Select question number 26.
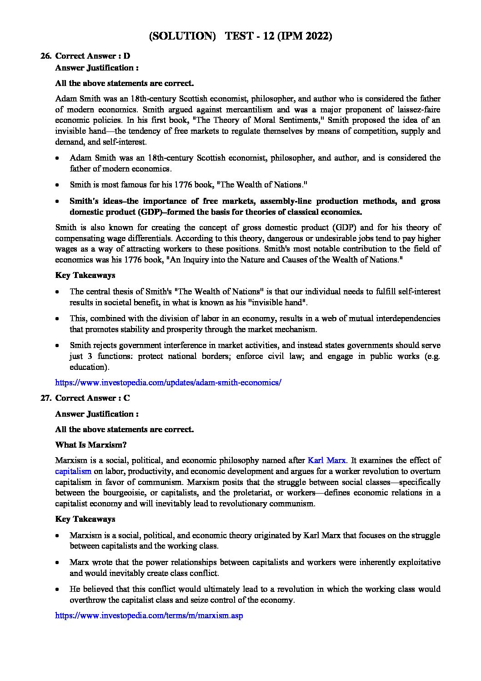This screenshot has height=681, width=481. [x=45, y=56]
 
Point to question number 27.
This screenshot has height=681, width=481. [x=45, y=398]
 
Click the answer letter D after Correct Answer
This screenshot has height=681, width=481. [x=127, y=56]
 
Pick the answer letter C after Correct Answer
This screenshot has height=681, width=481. [x=127, y=398]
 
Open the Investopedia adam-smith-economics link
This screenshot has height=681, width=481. [x=168, y=383]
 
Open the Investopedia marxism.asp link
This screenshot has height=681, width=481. [x=149, y=615]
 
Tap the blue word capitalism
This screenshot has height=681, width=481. [x=73, y=471]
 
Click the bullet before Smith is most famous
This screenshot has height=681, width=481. [x=57, y=185]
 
